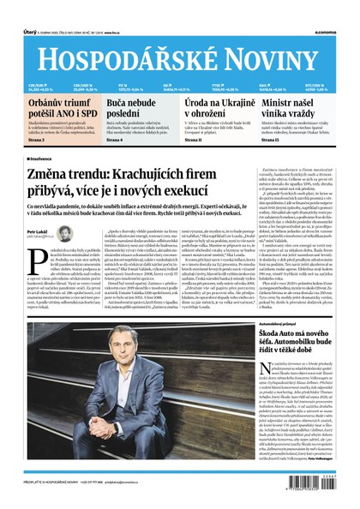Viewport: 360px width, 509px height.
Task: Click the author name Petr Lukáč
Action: tap(38, 231)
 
